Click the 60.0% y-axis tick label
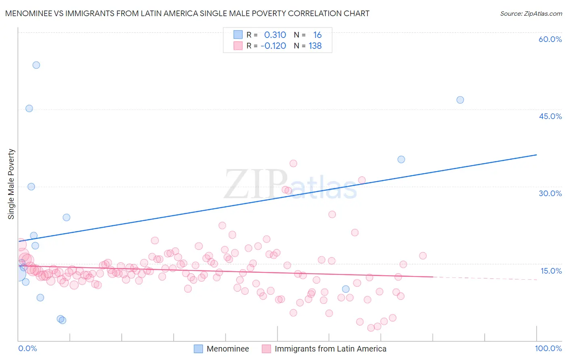550,39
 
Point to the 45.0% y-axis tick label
550,116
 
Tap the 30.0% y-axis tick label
550,193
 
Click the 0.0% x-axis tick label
27,348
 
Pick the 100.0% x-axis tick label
548,348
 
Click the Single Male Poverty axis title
11,184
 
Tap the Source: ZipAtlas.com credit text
531,13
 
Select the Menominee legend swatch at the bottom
198,349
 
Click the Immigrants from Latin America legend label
330,349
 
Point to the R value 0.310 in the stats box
275,35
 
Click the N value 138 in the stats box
315,46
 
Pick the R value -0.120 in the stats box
273,46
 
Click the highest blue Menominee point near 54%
36,65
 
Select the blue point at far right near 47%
460,100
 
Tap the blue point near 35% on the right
401,159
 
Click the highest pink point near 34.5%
293,163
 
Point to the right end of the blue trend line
536,155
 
